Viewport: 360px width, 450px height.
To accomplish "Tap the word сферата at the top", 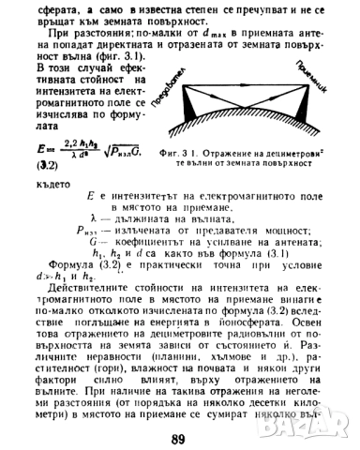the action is [58, 8].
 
